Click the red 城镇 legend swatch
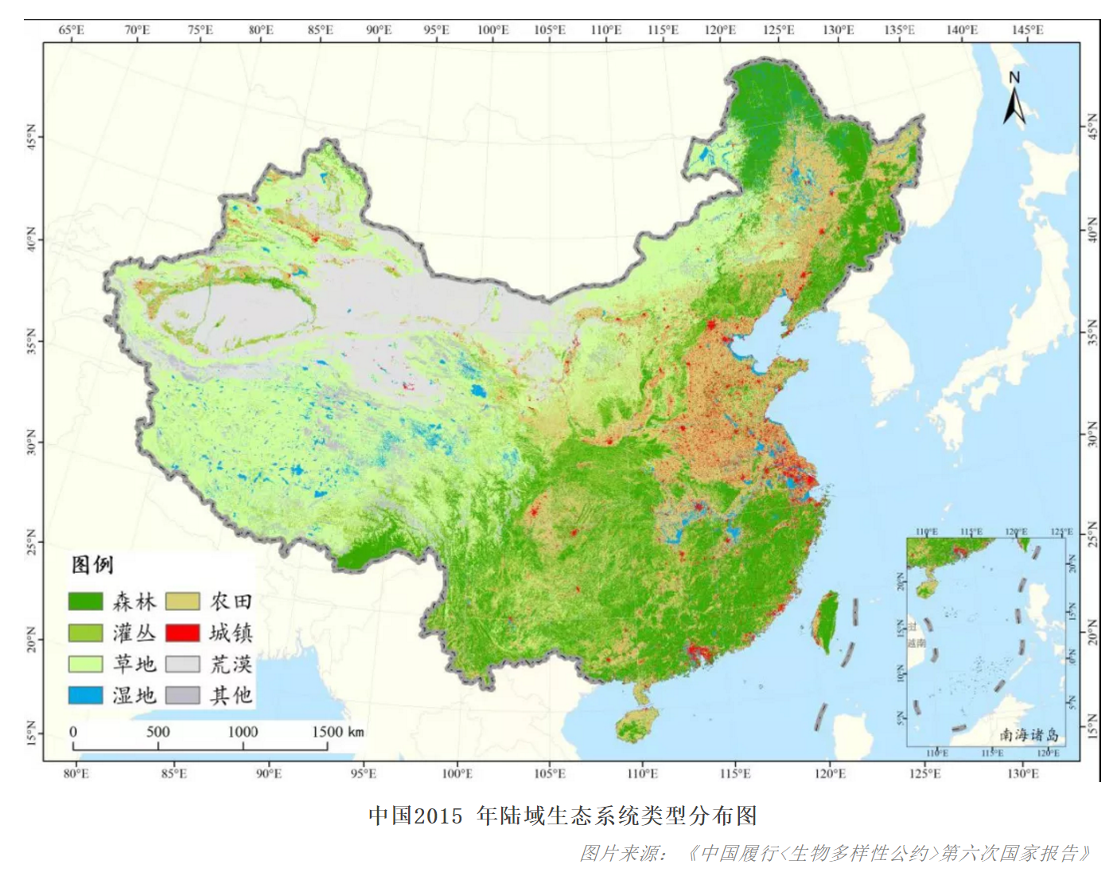(182, 633)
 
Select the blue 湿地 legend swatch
(85, 695)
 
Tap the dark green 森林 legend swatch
(85, 602)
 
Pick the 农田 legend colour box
(182, 602)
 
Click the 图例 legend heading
(92, 565)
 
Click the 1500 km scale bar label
(337, 732)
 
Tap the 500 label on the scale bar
(158, 732)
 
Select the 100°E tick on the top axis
(492, 30)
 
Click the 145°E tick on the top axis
(1027, 30)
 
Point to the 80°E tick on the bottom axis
(76, 773)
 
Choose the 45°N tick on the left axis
(32, 137)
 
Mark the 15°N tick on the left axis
(32, 733)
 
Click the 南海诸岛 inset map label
(1029, 734)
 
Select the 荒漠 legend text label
(231, 664)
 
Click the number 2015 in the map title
(438, 816)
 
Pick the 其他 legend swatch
(182, 695)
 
